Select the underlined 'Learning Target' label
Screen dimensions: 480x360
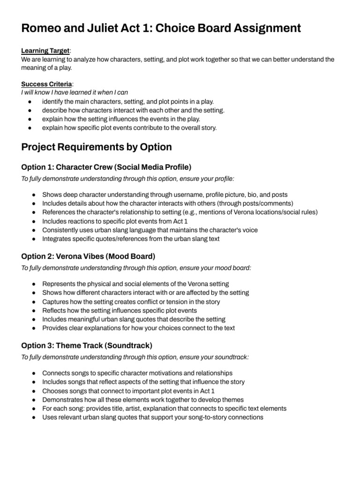(x=45, y=51)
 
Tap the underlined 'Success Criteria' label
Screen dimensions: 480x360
(x=47, y=84)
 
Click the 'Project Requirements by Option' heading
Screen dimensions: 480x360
(x=97, y=147)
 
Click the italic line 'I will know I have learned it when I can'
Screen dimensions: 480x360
(x=75, y=92)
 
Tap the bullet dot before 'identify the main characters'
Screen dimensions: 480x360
(x=30, y=102)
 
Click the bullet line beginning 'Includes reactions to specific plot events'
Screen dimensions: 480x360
(x=118, y=221)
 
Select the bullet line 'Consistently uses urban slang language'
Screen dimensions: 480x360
(x=150, y=230)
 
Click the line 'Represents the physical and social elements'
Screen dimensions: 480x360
(x=135, y=284)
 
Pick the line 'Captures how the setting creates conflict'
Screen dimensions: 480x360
(x=131, y=301)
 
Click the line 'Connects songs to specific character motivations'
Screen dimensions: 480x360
(x=137, y=373)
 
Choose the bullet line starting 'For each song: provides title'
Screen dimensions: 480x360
(x=164, y=408)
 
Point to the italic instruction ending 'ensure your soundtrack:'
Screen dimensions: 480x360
(x=135, y=357)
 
